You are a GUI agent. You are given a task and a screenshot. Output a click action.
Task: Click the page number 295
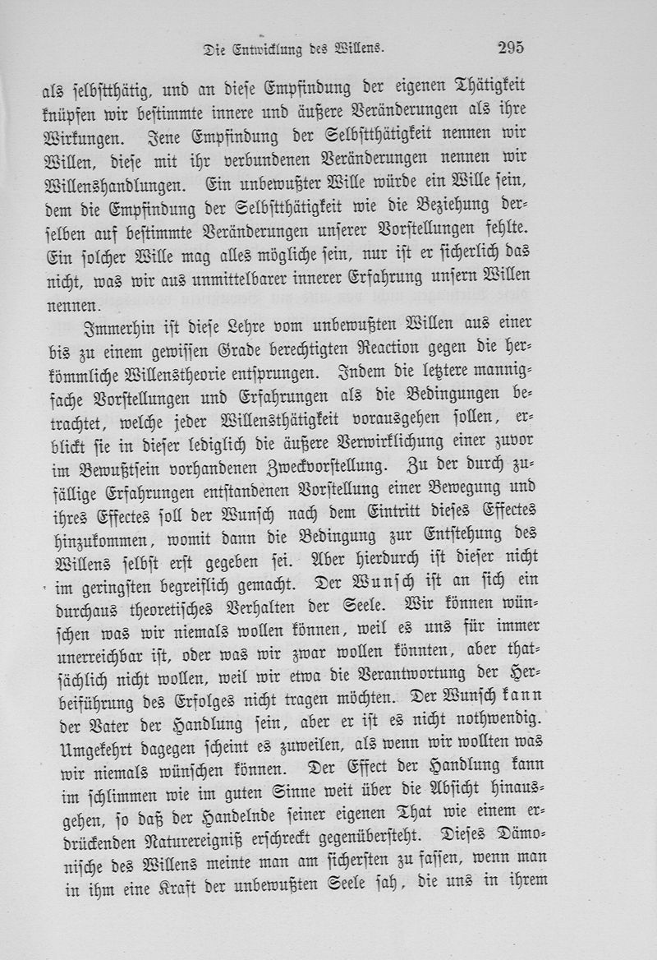coord(510,47)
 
